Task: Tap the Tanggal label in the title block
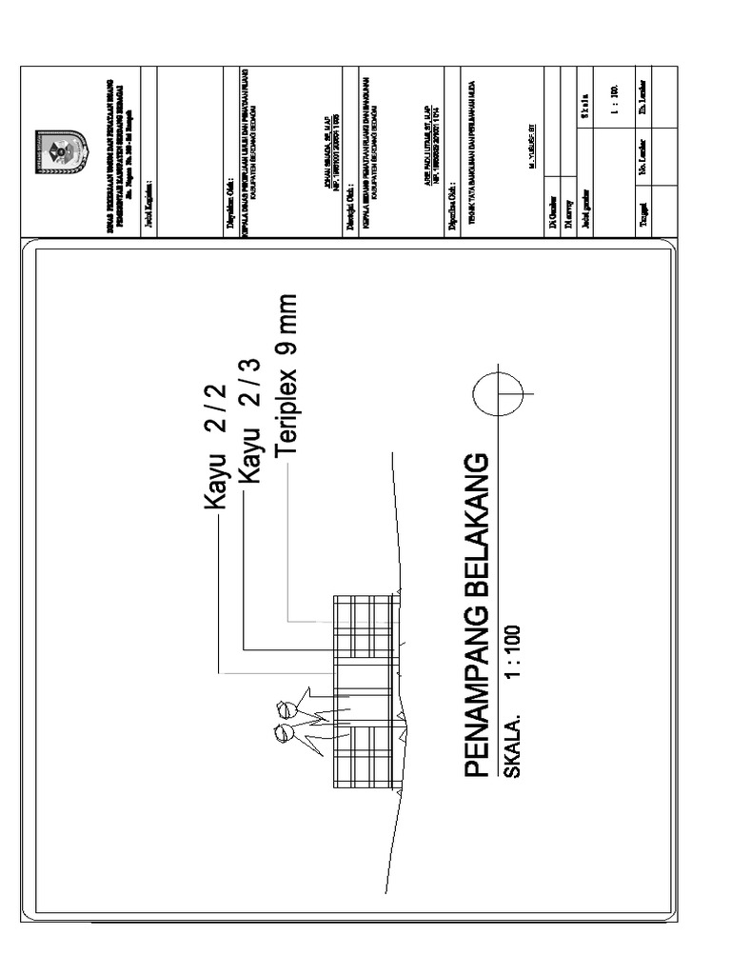click(644, 208)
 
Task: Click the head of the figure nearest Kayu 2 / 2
click(283, 708)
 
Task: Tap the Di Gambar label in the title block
click(552, 207)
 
